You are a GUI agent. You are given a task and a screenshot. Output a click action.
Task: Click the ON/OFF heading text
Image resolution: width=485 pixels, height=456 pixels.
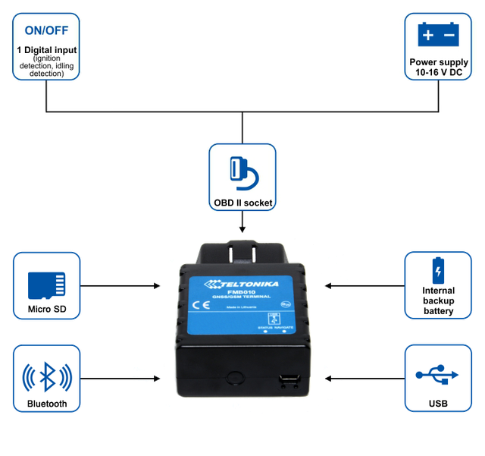click(48, 31)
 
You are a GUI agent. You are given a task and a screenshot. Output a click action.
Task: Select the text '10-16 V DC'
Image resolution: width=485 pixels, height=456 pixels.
click(438, 71)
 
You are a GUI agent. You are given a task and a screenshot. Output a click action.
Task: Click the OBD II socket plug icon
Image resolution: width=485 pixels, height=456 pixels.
click(242, 171)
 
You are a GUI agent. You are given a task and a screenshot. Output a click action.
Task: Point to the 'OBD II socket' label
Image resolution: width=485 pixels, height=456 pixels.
click(242, 203)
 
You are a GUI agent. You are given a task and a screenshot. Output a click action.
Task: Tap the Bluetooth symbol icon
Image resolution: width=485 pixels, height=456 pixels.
click(47, 376)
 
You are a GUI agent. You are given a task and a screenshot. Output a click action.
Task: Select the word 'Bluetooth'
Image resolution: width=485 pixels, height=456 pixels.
click(47, 404)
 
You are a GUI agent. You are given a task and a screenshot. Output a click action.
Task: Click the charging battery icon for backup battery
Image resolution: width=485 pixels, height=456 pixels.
click(438, 271)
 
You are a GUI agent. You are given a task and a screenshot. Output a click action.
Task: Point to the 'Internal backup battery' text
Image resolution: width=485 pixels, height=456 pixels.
click(438, 300)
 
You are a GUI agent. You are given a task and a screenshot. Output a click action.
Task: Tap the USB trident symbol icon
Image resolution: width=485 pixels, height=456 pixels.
click(437, 373)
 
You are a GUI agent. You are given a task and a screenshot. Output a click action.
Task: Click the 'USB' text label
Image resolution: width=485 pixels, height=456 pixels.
click(438, 404)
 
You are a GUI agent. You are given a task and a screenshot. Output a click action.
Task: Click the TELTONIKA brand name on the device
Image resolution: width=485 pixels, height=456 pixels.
click(245, 285)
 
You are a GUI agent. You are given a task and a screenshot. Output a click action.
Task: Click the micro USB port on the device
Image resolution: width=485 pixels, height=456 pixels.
click(288, 379)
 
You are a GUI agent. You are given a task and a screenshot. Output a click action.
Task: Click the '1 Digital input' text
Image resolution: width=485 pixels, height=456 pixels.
click(47, 50)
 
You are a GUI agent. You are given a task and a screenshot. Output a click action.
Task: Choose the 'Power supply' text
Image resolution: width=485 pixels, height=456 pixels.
click(438, 61)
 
